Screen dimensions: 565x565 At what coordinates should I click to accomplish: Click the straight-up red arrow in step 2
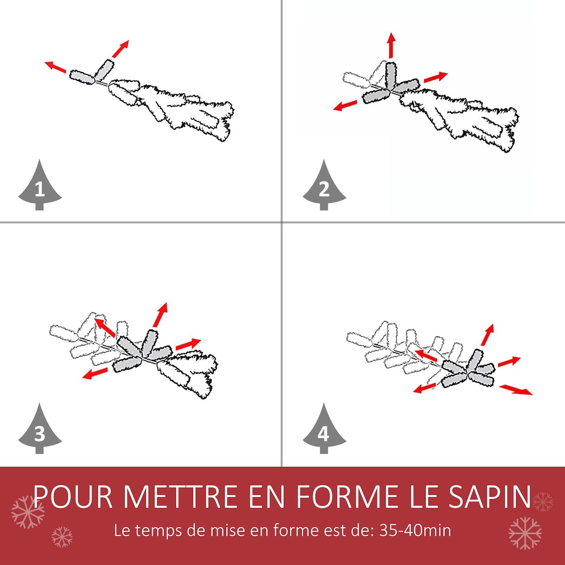391,46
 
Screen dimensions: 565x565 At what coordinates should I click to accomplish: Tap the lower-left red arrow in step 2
345,105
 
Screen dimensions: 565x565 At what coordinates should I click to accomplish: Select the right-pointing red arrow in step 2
436,77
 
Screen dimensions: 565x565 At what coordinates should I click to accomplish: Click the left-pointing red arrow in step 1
56,67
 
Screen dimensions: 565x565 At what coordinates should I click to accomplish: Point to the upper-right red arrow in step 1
121,49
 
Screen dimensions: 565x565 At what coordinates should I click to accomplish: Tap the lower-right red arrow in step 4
516,390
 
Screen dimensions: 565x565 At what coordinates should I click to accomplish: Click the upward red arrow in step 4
488,335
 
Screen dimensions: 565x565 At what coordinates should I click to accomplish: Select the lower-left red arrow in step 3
95,373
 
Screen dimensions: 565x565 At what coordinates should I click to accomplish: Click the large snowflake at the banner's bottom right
525,533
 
